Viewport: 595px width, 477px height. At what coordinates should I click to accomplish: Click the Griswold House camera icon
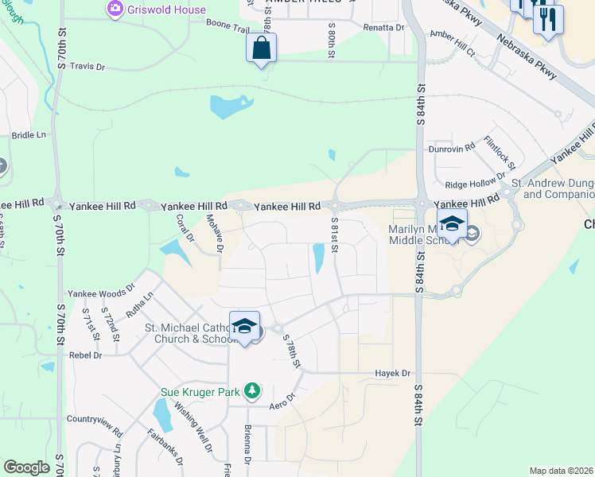115,10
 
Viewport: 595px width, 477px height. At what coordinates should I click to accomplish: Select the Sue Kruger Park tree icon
251,390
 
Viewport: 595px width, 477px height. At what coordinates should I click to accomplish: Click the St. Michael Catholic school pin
245,327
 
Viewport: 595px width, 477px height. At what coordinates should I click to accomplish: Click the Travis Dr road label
87,67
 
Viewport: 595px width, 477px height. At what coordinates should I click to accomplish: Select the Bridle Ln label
29,136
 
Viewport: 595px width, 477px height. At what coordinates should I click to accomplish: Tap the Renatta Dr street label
384,27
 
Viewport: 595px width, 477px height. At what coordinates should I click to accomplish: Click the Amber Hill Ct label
452,44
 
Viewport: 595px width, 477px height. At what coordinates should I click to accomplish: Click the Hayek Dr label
393,373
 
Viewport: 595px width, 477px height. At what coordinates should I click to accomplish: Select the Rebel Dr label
86,355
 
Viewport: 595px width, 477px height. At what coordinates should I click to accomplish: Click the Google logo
26,467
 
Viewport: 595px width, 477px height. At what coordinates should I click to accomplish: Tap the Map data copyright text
561,471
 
